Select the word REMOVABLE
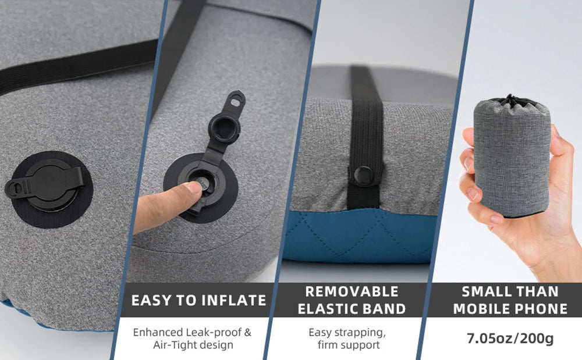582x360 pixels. [x=352, y=291]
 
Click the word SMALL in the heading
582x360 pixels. [x=482, y=291]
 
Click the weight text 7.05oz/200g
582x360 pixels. [x=510, y=338]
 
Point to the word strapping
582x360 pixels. [x=359, y=333]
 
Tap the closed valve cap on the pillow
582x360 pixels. [x=47, y=184]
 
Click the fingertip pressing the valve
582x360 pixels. [x=193, y=187]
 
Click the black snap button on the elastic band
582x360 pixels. [x=363, y=175]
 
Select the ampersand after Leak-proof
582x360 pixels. [x=247, y=332]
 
